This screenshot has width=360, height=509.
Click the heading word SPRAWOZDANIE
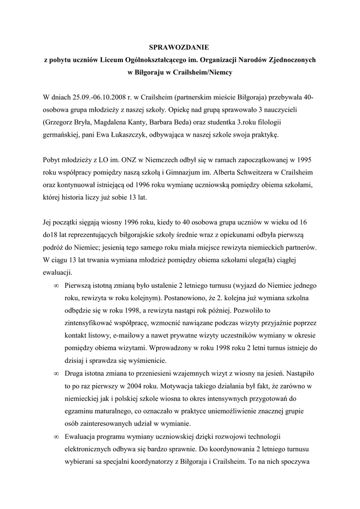180,47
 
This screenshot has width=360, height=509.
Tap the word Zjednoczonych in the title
288,59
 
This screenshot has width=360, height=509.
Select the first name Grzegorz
61,121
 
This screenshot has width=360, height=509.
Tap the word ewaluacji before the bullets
58,273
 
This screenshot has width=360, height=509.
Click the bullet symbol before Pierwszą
55,286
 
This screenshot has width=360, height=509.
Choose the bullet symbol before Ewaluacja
55,437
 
